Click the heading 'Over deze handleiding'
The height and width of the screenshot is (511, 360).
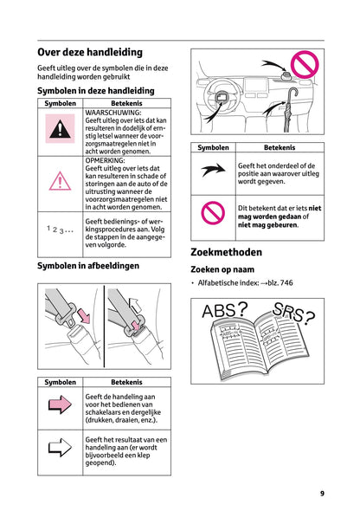coord(95,51)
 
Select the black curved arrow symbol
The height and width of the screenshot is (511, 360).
coord(213,171)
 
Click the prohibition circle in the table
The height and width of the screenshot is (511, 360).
coord(213,212)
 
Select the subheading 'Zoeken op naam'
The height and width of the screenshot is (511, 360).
coord(226,270)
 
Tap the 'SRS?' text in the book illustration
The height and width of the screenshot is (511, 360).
coord(293,314)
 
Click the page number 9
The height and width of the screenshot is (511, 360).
coord(322,493)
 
